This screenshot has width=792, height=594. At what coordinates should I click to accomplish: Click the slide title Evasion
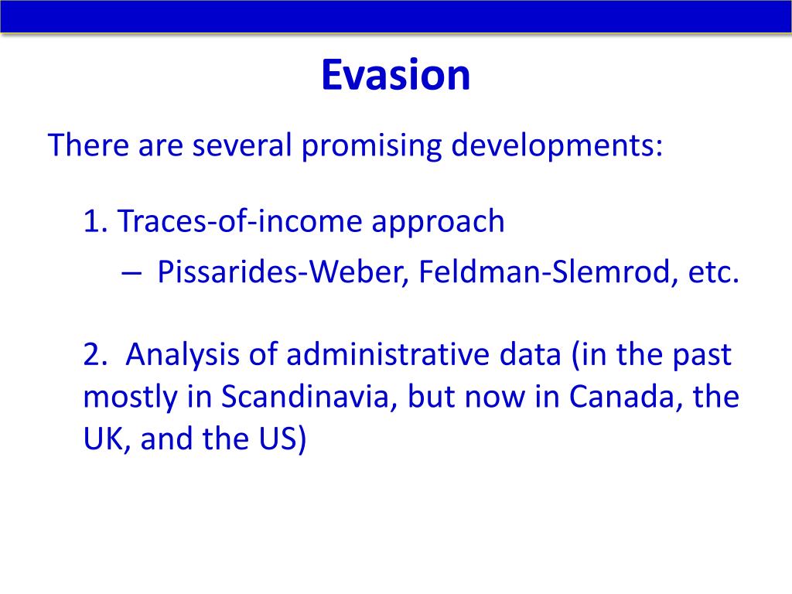tap(395, 75)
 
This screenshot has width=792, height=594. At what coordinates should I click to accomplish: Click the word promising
tap(371, 146)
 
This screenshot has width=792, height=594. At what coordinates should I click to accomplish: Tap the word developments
tap(556, 146)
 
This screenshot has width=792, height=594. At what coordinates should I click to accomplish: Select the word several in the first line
tap(242, 145)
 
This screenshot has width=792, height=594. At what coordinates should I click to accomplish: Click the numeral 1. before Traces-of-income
tap(95, 221)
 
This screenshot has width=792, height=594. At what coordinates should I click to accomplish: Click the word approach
tap(438, 223)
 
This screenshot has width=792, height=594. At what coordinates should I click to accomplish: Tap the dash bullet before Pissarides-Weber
tap(131, 273)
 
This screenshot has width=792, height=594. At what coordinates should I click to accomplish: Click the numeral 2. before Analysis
tap(95, 354)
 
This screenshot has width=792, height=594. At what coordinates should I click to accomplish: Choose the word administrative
tap(387, 354)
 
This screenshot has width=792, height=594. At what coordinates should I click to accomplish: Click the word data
tap(530, 354)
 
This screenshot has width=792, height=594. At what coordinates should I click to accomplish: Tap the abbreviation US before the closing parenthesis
tap(278, 439)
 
